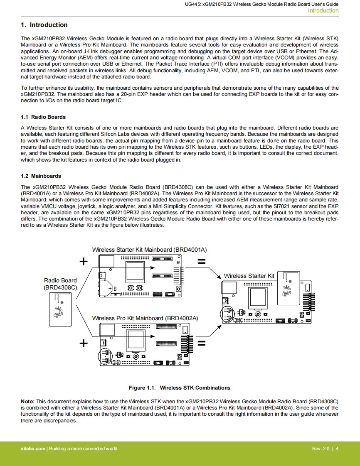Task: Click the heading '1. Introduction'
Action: pos(44,25)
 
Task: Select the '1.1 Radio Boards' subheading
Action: pos(43,117)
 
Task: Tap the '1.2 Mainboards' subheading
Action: pos(41,176)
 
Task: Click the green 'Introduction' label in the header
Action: pos(323,11)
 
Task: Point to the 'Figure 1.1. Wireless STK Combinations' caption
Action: pos(179,388)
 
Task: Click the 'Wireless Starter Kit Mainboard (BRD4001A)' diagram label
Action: pos(149,250)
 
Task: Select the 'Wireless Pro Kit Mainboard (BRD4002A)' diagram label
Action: pos(145,318)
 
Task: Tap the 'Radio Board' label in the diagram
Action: pos(60,280)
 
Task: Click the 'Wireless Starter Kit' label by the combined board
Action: pos(249,276)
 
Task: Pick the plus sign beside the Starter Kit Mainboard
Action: pos(84,261)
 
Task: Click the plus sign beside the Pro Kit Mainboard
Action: pos(84,343)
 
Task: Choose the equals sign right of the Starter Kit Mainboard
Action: pos(202,262)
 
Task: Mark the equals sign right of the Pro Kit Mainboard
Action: pos(202,343)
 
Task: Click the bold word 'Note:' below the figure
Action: pos(28,402)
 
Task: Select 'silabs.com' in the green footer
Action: pos(33,449)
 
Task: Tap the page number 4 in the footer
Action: pos(337,449)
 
